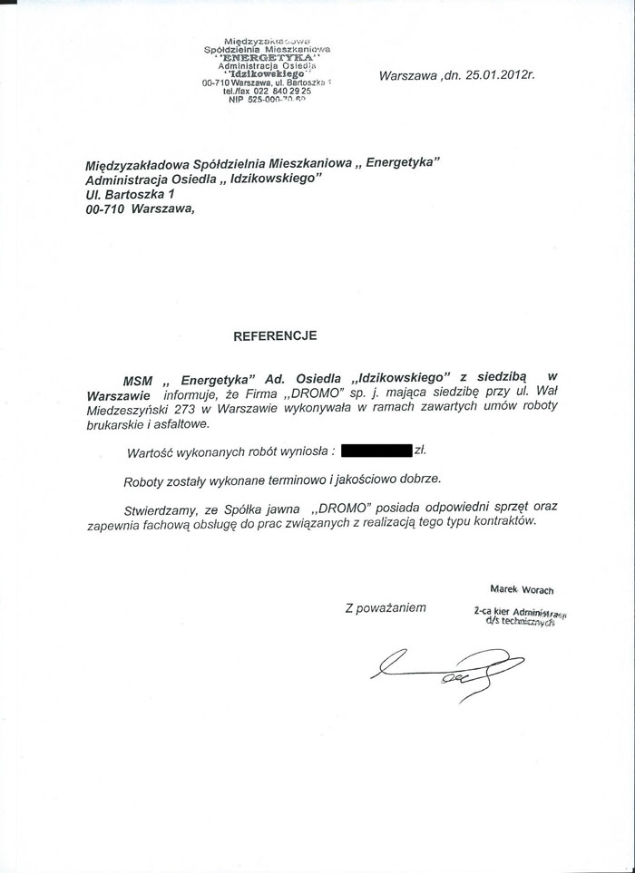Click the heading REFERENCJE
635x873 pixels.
[275, 335]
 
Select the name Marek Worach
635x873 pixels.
[522, 589]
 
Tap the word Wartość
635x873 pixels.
[151, 449]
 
